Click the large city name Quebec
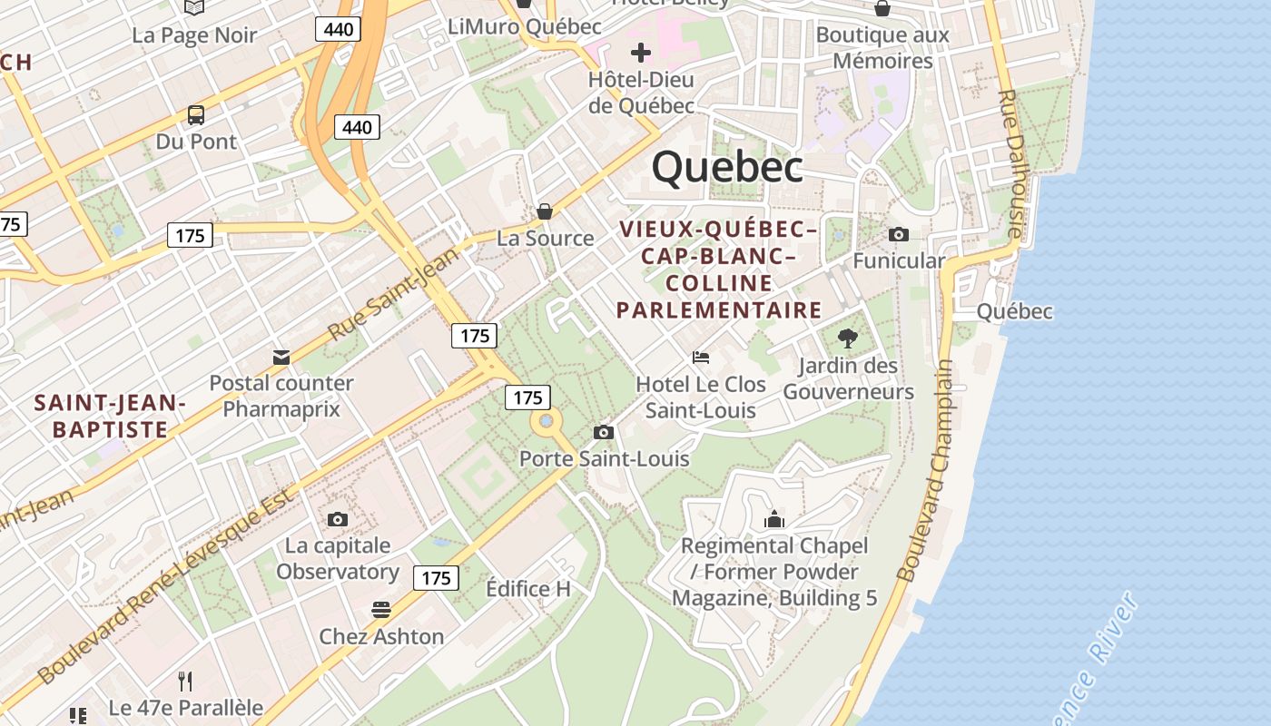(x=727, y=167)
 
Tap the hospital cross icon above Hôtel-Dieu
(x=641, y=53)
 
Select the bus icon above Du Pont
(x=196, y=115)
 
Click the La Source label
(x=545, y=238)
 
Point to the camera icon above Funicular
(x=899, y=234)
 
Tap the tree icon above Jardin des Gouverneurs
(x=848, y=338)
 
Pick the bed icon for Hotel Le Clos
(x=701, y=358)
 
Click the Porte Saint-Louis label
(x=604, y=459)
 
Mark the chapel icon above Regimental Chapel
(x=774, y=519)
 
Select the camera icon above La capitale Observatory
(x=338, y=519)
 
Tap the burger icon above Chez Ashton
(x=381, y=609)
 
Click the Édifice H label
(x=528, y=589)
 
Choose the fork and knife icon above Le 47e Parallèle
(x=185, y=681)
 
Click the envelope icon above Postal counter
(x=281, y=357)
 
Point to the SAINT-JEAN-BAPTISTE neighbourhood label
(x=110, y=416)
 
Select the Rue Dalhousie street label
(x=1010, y=163)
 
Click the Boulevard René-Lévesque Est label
(x=168, y=588)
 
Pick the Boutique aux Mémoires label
(x=882, y=48)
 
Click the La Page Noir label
(x=194, y=35)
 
